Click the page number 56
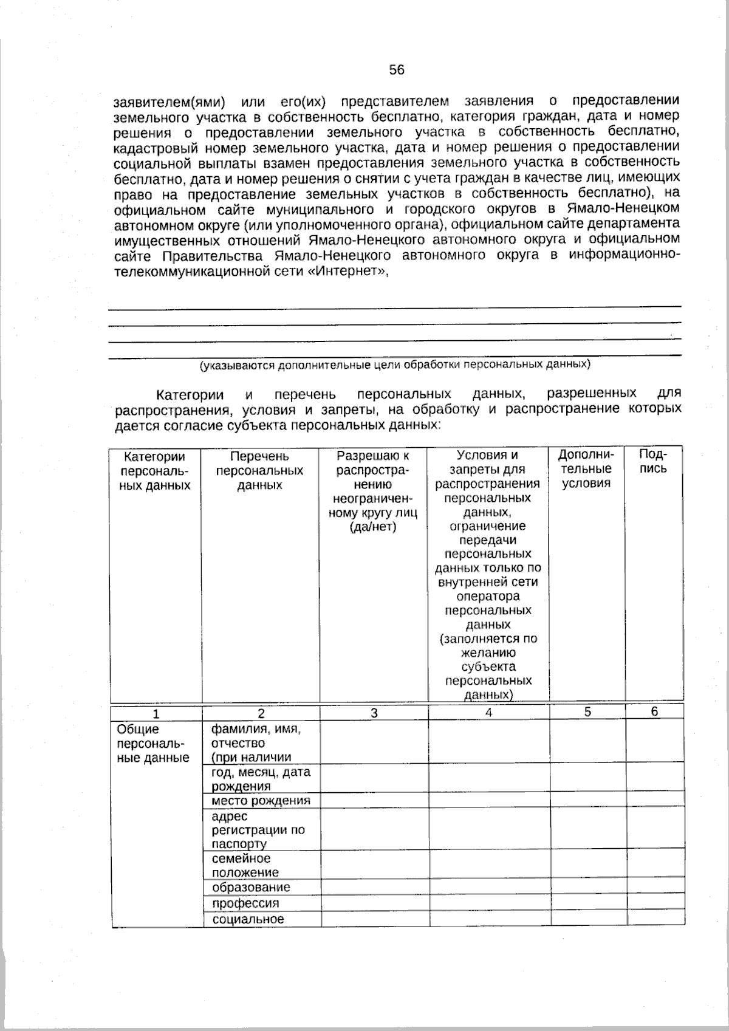396,70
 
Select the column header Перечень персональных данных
259,470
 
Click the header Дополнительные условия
586,469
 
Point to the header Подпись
654,462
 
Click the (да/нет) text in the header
372,526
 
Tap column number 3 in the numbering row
374,713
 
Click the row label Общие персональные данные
152,743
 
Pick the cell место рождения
261,800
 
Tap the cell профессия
245,903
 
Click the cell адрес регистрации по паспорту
258,830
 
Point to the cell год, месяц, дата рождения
260,778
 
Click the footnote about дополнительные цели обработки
395,365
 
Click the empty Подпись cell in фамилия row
654,741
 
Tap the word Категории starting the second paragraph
190,394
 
